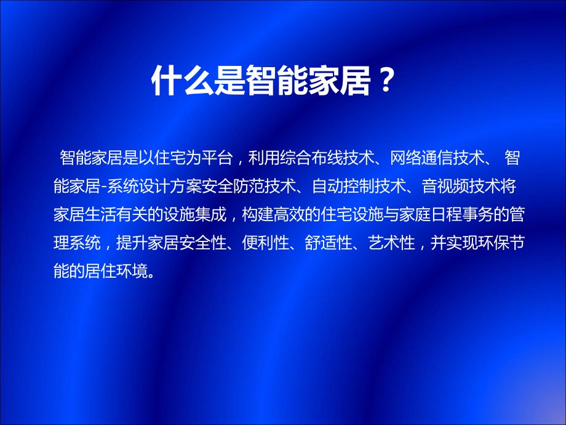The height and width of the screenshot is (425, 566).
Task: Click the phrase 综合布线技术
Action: click(325, 159)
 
